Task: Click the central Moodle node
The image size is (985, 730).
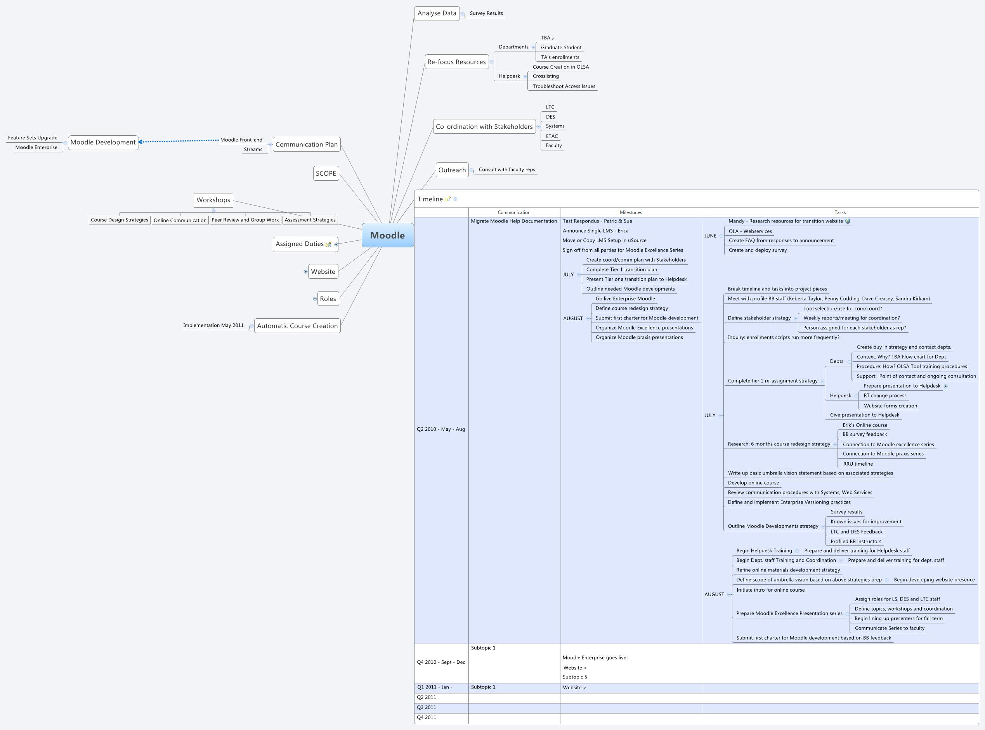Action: coord(387,235)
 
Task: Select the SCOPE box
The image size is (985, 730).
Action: coord(326,173)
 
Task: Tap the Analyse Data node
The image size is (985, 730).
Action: coord(437,13)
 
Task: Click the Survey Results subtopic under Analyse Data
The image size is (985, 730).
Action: coord(486,13)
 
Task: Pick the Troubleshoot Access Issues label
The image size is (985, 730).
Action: coord(564,86)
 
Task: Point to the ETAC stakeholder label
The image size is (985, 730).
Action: coord(551,136)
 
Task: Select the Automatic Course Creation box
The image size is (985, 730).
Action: coord(297,326)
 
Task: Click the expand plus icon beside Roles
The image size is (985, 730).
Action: coord(315,299)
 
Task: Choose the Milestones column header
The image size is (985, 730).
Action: coord(630,212)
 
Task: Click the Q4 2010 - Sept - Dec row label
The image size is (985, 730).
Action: coord(440,662)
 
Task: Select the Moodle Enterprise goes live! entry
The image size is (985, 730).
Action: coord(595,658)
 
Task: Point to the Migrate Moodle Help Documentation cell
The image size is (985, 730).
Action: coord(513,221)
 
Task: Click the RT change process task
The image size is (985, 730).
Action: coord(884,395)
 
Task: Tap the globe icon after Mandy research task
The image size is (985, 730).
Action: coord(848,221)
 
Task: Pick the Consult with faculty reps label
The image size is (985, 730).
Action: coord(506,169)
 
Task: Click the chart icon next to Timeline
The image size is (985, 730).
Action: coord(447,199)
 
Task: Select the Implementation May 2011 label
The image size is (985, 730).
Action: coord(213,325)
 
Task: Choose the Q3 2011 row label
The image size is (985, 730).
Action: coord(427,707)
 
